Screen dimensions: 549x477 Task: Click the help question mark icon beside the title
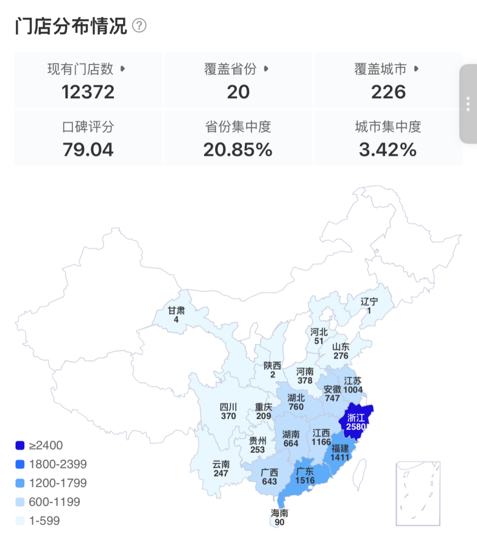pos(139,25)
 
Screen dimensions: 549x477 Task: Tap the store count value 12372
pos(88,92)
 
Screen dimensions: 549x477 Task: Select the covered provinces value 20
pos(238,92)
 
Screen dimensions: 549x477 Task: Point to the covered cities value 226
pos(388,92)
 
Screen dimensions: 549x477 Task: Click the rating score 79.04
pos(88,150)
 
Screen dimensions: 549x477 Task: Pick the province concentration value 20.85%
pos(238,150)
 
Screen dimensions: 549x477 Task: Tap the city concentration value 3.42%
pos(388,150)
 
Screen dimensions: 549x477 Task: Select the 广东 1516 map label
pos(304,476)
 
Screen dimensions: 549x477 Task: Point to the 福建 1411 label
pos(340,452)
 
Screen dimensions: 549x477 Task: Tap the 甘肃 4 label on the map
pos(176,315)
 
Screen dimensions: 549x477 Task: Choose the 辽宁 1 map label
pos(369,306)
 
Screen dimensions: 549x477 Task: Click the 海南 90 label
pos(280,518)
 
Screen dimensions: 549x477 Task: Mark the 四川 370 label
pos(228,411)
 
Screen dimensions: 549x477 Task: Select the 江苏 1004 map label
pos(352,385)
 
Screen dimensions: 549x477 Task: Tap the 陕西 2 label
pos(272,370)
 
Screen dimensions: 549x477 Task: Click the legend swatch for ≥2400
pos(20,445)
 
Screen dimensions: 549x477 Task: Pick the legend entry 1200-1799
pos(58,483)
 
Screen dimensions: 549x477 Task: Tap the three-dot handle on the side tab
pos(468,104)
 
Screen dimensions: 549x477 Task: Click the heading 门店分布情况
pos(71,26)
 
